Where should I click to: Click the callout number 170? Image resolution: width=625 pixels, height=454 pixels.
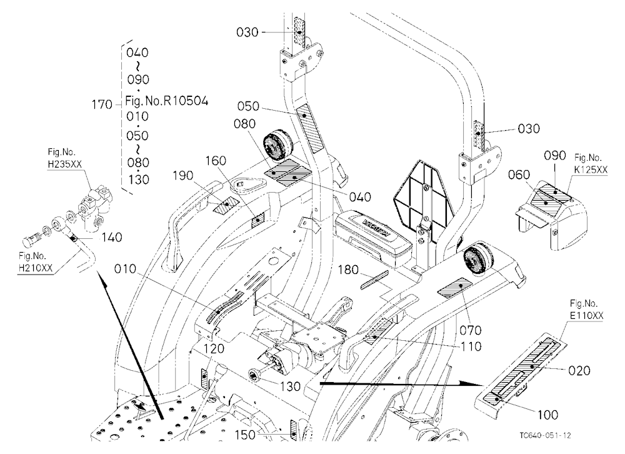[102, 105]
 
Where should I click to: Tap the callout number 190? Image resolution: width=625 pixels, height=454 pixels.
[183, 176]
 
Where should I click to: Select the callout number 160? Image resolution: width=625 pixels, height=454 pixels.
[216, 161]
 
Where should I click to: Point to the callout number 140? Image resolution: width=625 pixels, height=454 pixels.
[112, 238]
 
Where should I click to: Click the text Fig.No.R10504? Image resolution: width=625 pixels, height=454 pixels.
[167, 101]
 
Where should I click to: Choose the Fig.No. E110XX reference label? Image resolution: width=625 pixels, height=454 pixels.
[586, 310]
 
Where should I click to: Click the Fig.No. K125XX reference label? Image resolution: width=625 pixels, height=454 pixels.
[591, 164]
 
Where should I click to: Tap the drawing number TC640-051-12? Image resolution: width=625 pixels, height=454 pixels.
[545, 435]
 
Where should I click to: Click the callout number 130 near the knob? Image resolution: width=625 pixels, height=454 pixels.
[290, 386]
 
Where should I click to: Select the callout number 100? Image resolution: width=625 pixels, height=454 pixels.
[547, 415]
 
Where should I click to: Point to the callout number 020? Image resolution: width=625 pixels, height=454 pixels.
[579, 371]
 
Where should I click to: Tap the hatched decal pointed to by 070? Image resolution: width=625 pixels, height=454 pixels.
[454, 287]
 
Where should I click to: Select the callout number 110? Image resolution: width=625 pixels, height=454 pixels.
[471, 346]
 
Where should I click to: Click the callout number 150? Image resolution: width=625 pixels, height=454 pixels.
[245, 435]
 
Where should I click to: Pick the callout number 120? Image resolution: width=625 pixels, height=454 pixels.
[214, 349]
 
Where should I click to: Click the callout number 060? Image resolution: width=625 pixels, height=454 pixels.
[519, 174]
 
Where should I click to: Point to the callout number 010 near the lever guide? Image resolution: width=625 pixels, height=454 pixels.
[125, 270]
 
